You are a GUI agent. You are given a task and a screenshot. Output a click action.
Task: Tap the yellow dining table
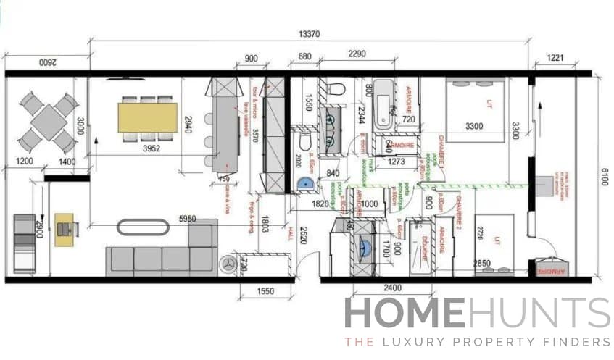pyautogui.click(x=148, y=117)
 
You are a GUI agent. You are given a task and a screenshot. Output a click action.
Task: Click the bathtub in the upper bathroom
pyautogui.click(x=383, y=106)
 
